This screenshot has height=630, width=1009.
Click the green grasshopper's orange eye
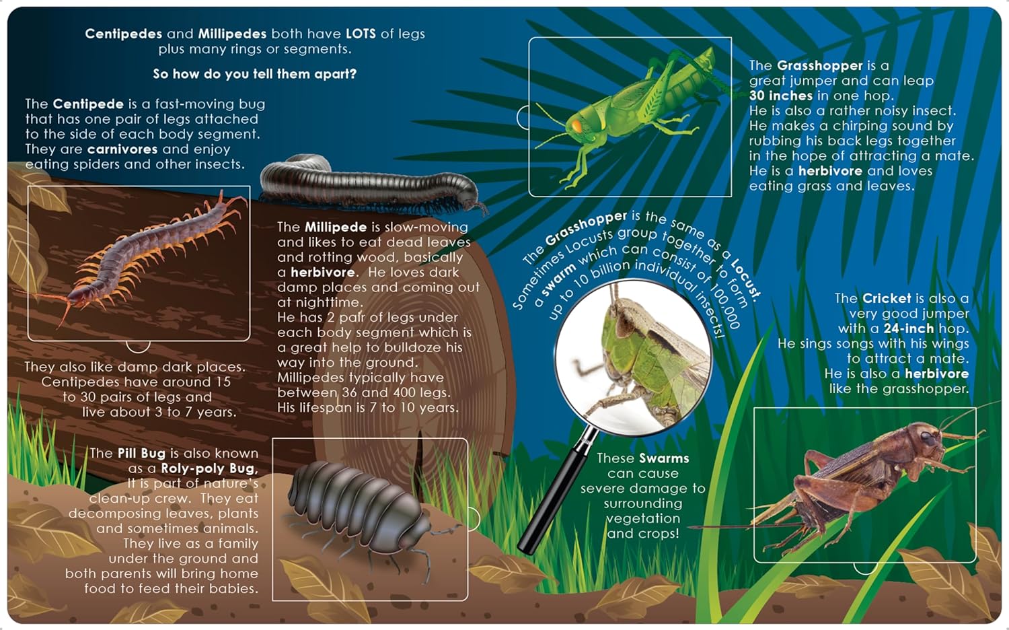coord(577,125)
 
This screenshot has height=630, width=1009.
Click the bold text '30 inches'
coord(780,96)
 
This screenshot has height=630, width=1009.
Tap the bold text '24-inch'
coord(909,328)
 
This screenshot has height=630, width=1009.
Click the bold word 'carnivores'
coord(122,149)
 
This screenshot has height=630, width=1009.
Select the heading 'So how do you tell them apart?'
coord(254,74)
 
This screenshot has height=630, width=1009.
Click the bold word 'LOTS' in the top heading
coord(361,34)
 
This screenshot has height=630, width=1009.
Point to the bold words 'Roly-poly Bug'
coord(209,468)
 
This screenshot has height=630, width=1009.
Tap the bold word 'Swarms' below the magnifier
coord(665,458)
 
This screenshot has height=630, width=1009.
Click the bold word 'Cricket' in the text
coord(887,298)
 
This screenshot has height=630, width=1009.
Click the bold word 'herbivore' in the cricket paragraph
coord(936,374)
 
